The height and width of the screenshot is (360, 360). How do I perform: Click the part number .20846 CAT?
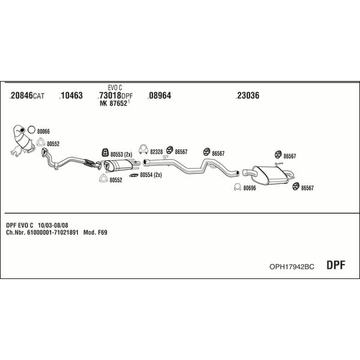(27, 95)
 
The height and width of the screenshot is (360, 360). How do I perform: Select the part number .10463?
(71, 95)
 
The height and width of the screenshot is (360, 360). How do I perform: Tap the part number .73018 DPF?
(115, 95)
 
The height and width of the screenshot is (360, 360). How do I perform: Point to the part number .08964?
(160, 95)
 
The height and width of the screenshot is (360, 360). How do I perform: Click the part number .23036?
(247, 95)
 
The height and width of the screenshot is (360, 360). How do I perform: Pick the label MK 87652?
(115, 103)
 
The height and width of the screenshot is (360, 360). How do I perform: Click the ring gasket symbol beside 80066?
(31, 130)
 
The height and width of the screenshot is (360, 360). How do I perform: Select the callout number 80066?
(43, 131)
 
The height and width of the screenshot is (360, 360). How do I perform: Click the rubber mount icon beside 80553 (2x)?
(105, 152)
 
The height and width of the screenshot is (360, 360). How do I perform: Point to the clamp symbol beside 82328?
(143, 149)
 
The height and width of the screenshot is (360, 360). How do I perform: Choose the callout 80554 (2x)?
(151, 175)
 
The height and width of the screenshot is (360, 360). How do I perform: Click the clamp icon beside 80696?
(238, 187)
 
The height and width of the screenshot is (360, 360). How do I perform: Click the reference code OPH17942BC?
(292, 266)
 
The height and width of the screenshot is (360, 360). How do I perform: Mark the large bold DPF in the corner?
(335, 265)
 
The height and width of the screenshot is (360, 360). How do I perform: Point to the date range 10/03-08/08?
(53, 225)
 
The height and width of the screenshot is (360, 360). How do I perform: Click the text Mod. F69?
(95, 232)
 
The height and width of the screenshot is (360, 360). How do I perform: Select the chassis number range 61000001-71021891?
(53, 232)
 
